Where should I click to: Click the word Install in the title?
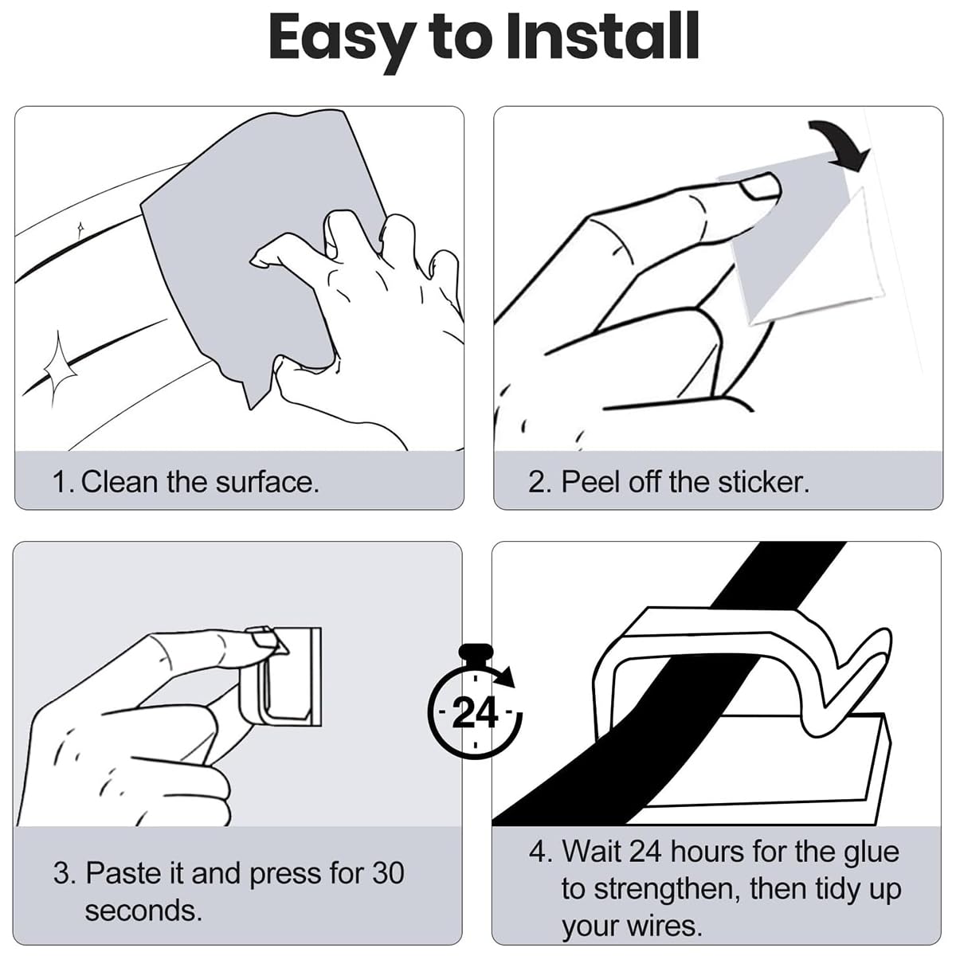point(603,37)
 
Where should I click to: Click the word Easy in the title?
point(343,43)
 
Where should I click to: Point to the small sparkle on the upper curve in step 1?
point(80,229)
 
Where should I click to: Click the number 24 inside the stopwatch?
point(475,713)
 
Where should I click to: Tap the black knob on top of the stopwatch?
point(476,651)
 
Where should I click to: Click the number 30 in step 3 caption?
point(388,872)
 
